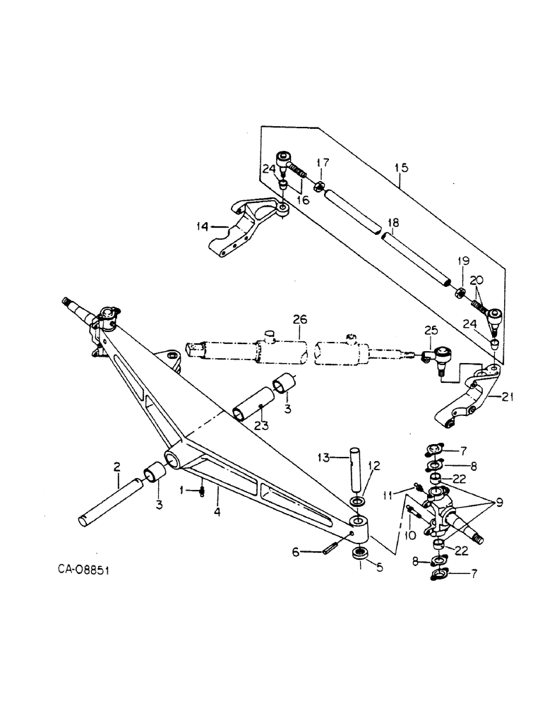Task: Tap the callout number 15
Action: point(400,168)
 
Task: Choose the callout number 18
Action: point(393,223)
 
